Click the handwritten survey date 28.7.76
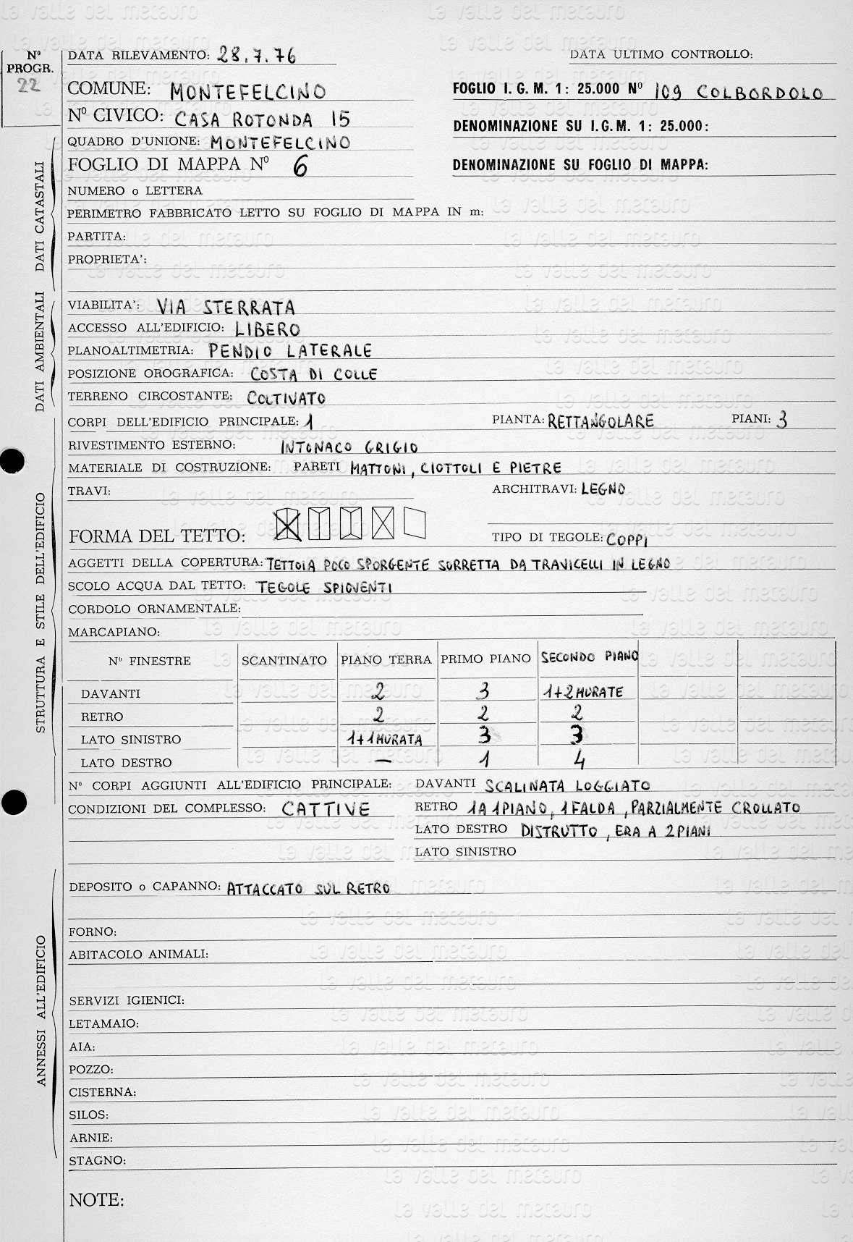256,56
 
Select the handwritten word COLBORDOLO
760,93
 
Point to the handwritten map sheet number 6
300,166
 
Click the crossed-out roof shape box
289,525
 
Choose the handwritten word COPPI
627,539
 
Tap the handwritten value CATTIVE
326,809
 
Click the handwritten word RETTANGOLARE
601,421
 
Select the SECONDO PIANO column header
589,657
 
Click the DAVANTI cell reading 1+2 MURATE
582,692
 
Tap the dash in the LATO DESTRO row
385,761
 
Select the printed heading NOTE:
96,1200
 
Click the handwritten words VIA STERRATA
225,306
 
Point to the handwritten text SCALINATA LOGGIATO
567,785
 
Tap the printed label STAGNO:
97,1160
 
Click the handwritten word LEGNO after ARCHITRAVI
603,489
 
